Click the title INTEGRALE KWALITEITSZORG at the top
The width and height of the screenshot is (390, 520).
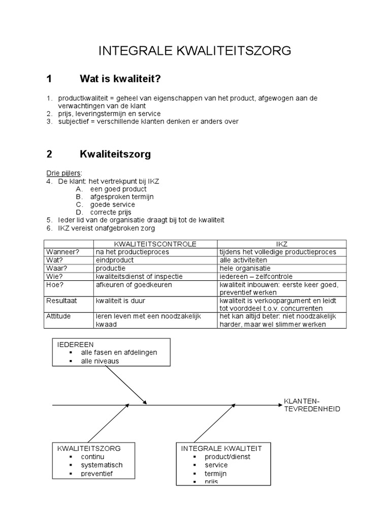pos(195,51)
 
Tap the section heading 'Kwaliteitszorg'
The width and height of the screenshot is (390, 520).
pos(115,154)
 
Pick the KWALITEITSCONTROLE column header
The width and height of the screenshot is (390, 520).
pos(155,244)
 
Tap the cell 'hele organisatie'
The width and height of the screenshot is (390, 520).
pos(245,268)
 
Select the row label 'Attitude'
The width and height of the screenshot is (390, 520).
pos(59,316)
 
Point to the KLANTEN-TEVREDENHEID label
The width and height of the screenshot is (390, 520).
pos(312,405)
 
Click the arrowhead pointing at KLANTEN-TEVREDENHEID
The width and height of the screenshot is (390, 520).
pos(278,405)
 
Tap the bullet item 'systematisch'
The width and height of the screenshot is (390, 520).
pos(102,465)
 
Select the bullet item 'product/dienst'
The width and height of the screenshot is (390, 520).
pos(227,457)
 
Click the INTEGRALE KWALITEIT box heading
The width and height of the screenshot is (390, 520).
pos(221,448)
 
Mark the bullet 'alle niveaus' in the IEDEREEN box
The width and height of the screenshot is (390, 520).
pos(100,361)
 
